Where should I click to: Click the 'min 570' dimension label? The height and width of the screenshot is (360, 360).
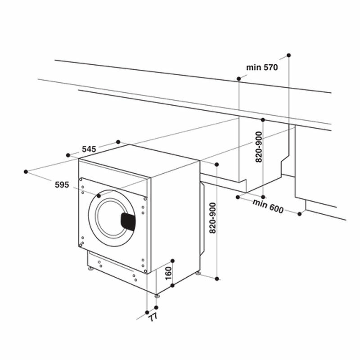coord(262,67)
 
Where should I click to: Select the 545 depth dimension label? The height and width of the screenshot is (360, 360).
coord(90,149)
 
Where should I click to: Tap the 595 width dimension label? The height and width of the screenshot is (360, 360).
coord(62,184)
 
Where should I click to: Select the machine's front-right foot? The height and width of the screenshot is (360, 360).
coord(156,296)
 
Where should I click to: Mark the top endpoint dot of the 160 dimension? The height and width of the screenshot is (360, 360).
coord(172,261)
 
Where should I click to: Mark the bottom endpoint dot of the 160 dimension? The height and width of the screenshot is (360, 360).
coord(172,285)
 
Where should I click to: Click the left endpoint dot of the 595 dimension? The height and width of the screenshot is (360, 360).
coord(26,171)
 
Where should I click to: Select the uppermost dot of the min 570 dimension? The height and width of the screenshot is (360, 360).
coord(288,55)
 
